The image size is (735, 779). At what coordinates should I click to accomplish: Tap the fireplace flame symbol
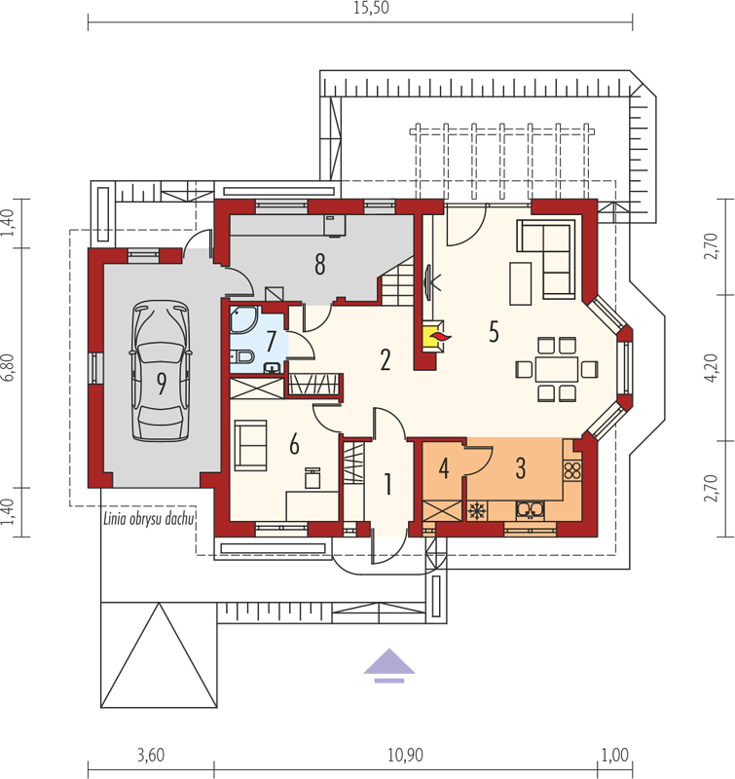coord(440,338)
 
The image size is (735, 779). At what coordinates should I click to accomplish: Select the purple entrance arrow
coord(388,666)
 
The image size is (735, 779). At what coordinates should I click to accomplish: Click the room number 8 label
coord(320,264)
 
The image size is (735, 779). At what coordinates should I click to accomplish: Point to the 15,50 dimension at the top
coord(371,9)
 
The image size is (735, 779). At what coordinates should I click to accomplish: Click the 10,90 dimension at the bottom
coord(405,756)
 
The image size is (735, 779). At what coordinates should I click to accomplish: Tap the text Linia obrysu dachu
coord(149,519)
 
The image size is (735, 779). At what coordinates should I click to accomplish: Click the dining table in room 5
coord(557,369)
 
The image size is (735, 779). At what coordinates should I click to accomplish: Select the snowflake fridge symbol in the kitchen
coord(477,510)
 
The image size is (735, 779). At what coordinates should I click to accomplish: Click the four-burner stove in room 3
coord(572,470)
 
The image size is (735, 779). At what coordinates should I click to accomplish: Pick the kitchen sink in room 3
coord(530,509)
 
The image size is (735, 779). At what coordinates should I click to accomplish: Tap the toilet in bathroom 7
coord(242,356)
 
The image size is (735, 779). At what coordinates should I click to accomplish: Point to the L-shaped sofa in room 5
coord(546,259)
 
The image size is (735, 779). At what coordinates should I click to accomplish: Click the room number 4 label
coord(444,468)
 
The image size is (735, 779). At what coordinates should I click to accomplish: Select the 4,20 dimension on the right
coord(711,368)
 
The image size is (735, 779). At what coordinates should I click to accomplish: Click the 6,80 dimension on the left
coord(9,368)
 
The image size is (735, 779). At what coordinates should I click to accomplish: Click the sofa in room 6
coord(251,445)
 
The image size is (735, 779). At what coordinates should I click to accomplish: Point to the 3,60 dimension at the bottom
coord(151,756)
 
